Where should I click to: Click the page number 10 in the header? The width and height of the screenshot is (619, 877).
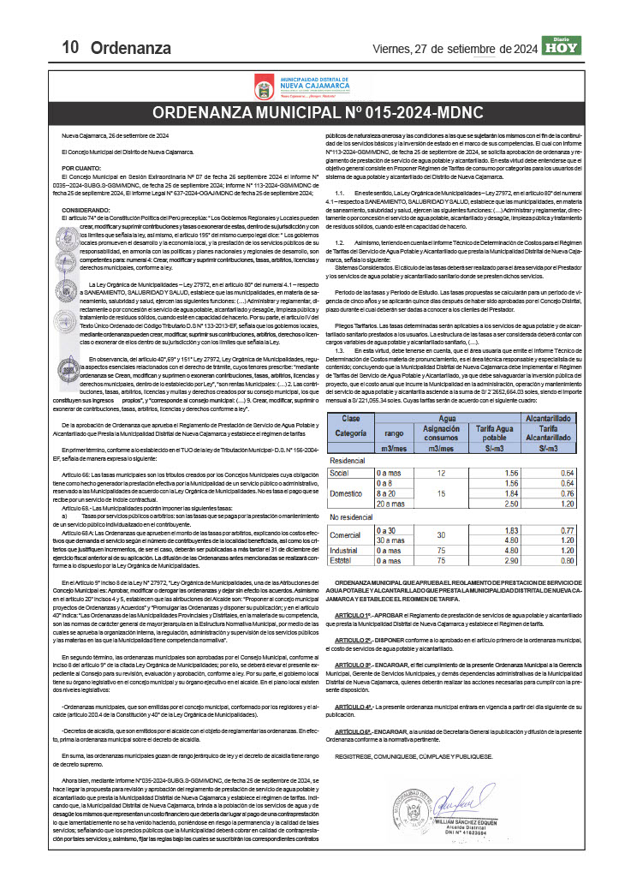[71, 46]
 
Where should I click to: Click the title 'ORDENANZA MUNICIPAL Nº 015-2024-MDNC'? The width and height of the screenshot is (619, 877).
[317, 114]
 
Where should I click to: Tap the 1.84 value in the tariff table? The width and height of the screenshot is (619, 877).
[513, 494]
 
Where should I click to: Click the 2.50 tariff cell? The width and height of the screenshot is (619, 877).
[513, 504]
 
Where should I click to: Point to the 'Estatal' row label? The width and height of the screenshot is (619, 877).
[342, 560]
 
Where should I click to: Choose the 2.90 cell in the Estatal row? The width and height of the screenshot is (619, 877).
[513, 560]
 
